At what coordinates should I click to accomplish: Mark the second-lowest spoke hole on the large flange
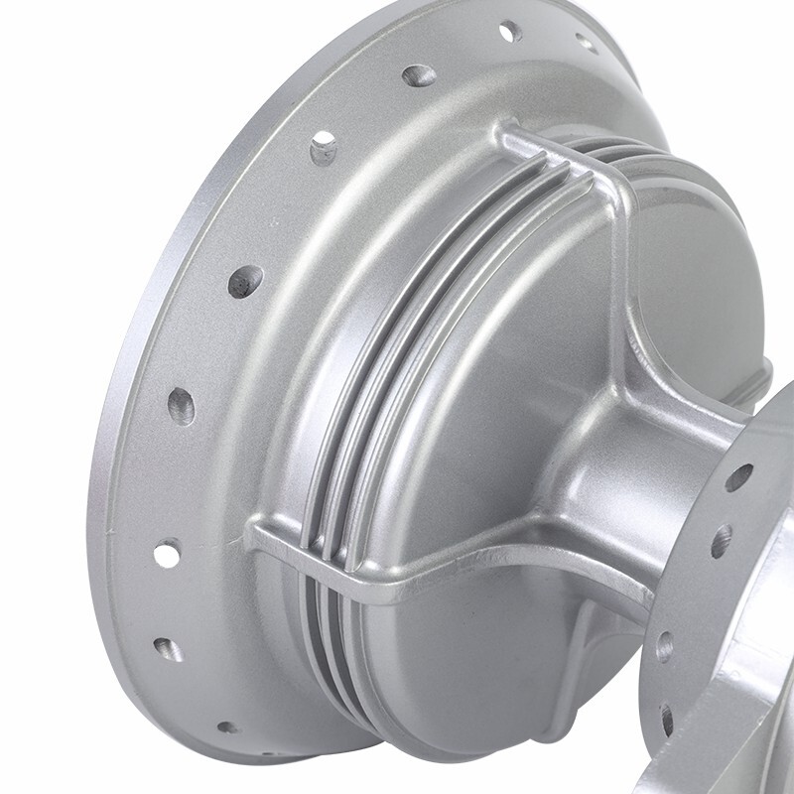point(167,650)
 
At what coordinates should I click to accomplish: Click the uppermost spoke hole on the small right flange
point(738,477)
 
